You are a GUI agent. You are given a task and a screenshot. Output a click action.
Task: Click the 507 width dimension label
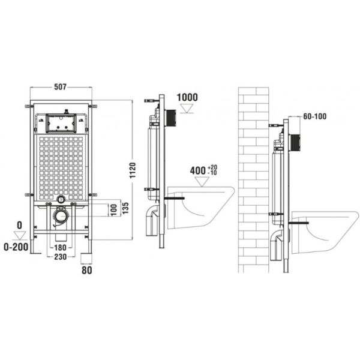pos(60,87)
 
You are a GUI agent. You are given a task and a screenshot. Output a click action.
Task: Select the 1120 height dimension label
pos(133,170)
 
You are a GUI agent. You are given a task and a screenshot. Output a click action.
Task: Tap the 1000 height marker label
pos(187,97)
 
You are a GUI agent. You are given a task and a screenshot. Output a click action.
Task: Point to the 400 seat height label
pos(197,170)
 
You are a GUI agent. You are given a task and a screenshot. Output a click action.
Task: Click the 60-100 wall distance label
pos(315,116)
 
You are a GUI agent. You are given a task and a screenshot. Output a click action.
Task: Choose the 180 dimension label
pos(60,248)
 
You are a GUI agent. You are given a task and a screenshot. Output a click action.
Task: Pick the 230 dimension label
pos(60,257)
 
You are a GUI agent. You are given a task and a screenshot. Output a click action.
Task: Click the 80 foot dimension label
pos(87,270)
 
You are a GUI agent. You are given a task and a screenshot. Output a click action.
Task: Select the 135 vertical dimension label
pos(125,208)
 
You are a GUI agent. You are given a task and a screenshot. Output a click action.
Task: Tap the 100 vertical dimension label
pos(114,210)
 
